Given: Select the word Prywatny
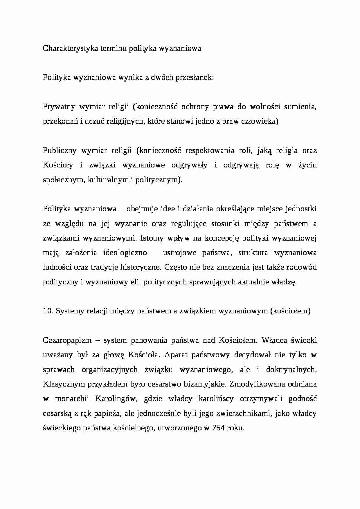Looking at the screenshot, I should point(57,107).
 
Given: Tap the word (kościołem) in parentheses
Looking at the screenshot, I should point(290,311).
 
